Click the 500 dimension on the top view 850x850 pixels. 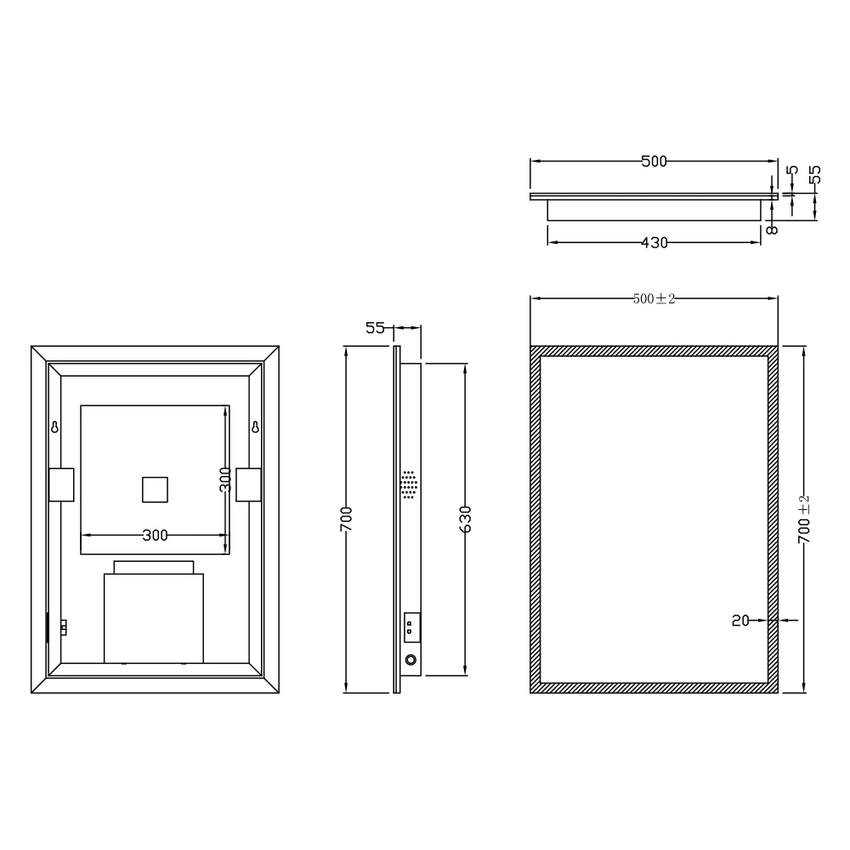tap(654, 161)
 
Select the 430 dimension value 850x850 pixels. tap(654, 243)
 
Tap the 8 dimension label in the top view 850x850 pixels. tap(771, 229)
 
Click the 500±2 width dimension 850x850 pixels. tap(654, 298)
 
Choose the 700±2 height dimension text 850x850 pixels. tap(804, 518)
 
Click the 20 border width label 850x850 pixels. tap(740, 620)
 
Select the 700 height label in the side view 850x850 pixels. tap(346, 518)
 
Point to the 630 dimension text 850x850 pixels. tap(465, 518)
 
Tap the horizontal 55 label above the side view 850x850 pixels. tap(375, 327)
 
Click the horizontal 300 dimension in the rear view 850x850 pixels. tap(155, 535)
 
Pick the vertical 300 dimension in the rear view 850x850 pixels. tap(224, 480)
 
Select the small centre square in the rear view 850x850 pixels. tap(155, 490)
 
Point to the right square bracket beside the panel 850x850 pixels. tap(247, 484)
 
